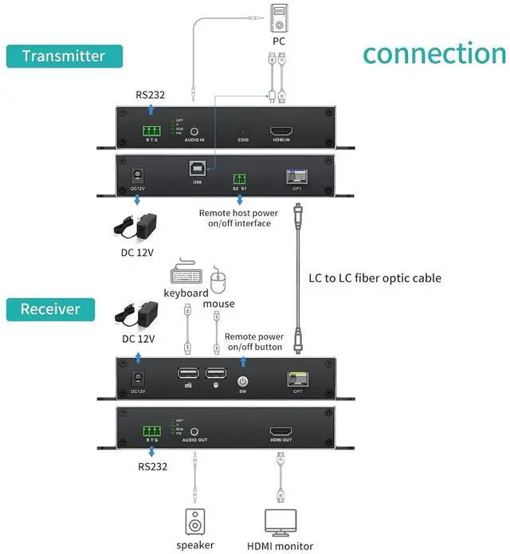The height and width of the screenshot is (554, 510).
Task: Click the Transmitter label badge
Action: (64, 56)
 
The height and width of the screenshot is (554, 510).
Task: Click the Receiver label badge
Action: (50, 309)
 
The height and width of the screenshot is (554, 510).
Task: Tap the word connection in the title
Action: (434, 53)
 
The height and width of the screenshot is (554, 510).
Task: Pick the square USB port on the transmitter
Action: (197, 170)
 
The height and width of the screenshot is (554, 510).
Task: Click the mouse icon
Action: (219, 281)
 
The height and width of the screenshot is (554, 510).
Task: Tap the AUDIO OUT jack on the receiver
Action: (194, 430)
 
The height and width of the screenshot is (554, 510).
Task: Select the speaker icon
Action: (195, 522)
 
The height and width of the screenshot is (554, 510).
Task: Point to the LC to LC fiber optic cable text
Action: (375, 278)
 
